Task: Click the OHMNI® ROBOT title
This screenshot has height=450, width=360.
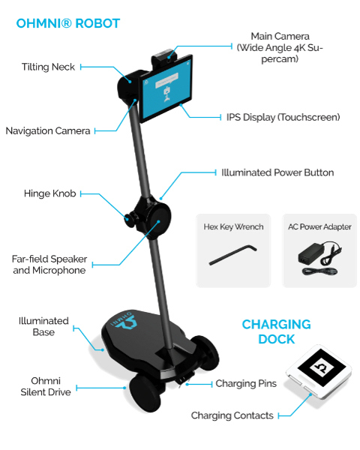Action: click(x=68, y=23)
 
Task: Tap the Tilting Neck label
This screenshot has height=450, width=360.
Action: click(x=48, y=67)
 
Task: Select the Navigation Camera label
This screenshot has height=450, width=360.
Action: click(x=48, y=130)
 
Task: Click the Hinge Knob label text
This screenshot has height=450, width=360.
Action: click(x=50, y=193)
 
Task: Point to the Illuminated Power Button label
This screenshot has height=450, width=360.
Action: click(x=277, y=172)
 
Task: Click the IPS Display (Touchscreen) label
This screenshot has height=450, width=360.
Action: click(x=283, y=117)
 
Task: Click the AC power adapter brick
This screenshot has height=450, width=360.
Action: click(x=310, y=254)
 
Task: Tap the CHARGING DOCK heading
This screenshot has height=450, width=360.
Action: click(x=276, y=331)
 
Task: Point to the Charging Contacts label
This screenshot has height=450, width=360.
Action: click(x=232, y=415)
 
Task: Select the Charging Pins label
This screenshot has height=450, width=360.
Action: click(x=246, y=383)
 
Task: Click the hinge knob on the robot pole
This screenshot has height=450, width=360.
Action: click(x=129, y=219)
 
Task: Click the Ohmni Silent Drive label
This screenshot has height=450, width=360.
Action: click(x=46, y=386)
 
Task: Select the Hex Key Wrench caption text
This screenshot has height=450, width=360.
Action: click(x=233, y=226)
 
